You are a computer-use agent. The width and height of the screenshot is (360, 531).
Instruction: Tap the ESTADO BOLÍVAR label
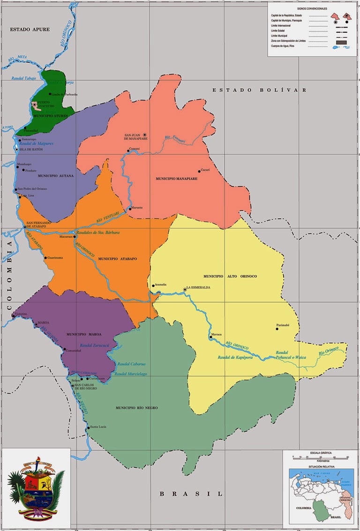[x=259, y=90]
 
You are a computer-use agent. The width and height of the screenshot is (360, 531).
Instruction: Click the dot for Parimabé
[x=277, y=329]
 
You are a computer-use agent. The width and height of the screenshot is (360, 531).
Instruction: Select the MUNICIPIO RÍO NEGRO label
[x=136, y=408]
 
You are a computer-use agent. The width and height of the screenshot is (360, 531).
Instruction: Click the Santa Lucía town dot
[x=88, y=428]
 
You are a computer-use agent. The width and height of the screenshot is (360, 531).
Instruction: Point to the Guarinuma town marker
[x=45, y=258]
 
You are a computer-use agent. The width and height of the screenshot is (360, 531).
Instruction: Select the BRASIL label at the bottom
[x=191, y=493]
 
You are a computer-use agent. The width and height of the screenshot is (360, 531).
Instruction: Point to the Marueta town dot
[x=130, y=208]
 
